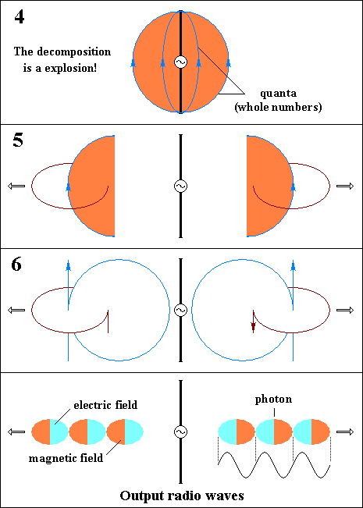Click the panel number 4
point(19,17)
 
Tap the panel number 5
point(18,140)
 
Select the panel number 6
point(16,265)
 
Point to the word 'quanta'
point(279,94)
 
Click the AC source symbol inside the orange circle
point(180,62)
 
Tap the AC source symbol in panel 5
point(180,186)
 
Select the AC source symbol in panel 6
point(180,310)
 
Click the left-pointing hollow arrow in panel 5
point(16,186)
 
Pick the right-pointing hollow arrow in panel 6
point(345,310)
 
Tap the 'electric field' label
point(105,405)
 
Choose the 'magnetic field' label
point(66,458)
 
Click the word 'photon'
point(273,400)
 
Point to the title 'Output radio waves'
point(182,496)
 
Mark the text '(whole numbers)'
point(278,107)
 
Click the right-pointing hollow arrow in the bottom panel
point(345,432)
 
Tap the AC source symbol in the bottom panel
point(180,432)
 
